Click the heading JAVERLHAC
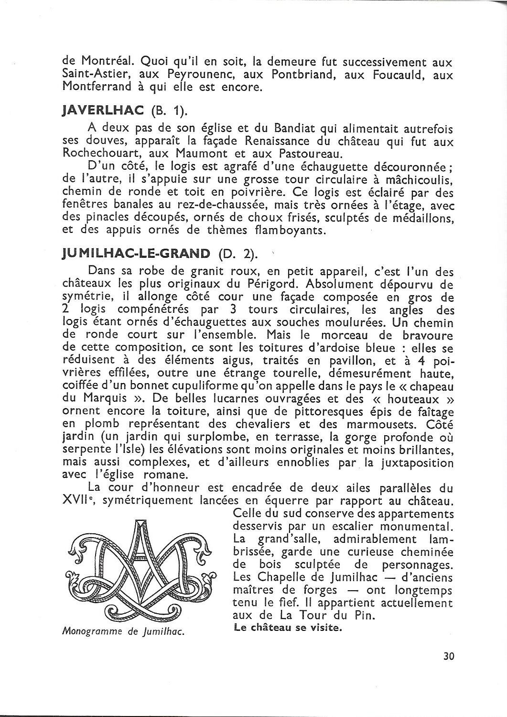click(x=103, y=110)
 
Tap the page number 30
click(x=448, y=656)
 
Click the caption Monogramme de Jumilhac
click(x=123, y=631)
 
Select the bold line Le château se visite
click(x=288, y=628)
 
